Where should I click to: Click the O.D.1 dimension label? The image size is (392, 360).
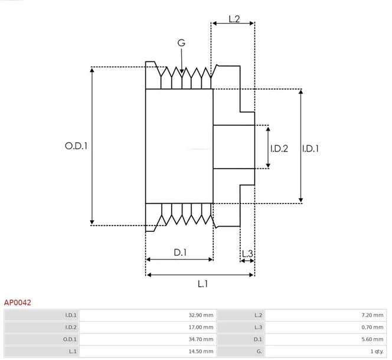76,146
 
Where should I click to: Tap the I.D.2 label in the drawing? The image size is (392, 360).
279,149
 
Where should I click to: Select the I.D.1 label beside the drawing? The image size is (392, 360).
311,149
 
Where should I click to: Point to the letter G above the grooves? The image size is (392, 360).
181,42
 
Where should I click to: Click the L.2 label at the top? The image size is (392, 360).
234,19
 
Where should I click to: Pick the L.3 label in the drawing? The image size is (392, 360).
247,254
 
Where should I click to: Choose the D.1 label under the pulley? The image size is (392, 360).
180,253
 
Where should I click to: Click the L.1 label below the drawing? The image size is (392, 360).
202,284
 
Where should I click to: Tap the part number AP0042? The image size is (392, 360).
18,303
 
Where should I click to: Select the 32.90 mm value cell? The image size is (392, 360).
201,315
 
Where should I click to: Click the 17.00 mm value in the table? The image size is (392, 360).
201,328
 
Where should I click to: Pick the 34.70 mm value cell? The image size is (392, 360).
201,339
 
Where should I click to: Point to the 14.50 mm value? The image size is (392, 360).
201,351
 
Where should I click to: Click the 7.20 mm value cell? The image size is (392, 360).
373,315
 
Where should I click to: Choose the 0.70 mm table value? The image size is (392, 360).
373,328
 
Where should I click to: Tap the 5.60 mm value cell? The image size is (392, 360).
373,339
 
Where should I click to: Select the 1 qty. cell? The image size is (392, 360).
377,351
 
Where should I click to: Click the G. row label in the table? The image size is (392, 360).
259,351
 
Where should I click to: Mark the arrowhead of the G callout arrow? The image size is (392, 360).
182,71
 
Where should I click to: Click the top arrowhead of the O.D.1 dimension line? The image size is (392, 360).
92,70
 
